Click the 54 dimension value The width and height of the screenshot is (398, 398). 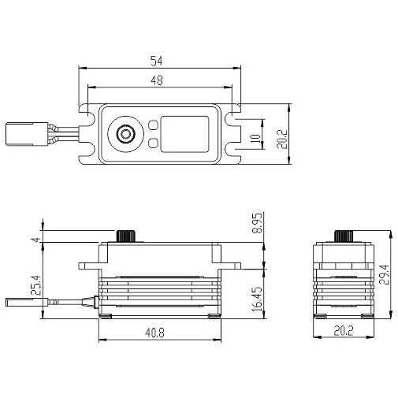click(157, 60)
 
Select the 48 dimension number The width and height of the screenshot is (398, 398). click(158, 80)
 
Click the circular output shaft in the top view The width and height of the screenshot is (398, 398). click(125, 134)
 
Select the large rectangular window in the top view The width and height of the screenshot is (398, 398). click(186, 134)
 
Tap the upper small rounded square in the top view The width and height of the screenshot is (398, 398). click(153, 125)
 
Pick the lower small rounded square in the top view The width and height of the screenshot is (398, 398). click(153, 143)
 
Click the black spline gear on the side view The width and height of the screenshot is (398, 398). click(124, 236)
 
